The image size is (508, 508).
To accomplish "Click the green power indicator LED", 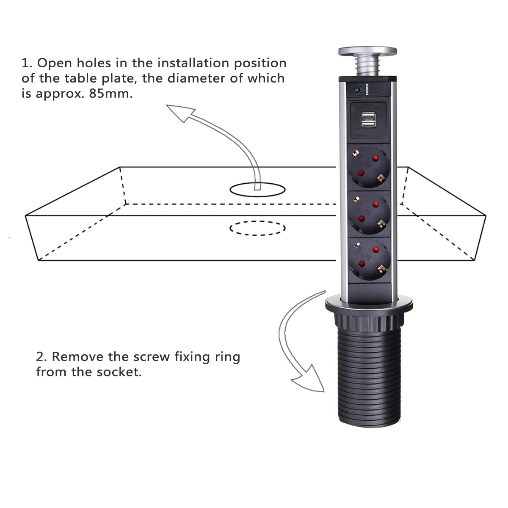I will [x=356, y=90].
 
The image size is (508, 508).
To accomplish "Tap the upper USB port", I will [x=367, y=115].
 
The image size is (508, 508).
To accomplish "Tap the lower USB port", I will [x=367, y=124].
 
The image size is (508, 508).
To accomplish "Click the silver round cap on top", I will [x=367, y=52].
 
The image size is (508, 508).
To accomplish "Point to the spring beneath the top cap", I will [x=367, y=67].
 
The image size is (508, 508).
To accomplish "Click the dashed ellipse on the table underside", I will [x=257, y=228].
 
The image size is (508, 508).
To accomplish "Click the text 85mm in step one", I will [x=111, y=93].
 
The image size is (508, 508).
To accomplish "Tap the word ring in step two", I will [x=227, y=356].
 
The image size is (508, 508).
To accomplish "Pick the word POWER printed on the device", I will [x=367, y=90].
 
